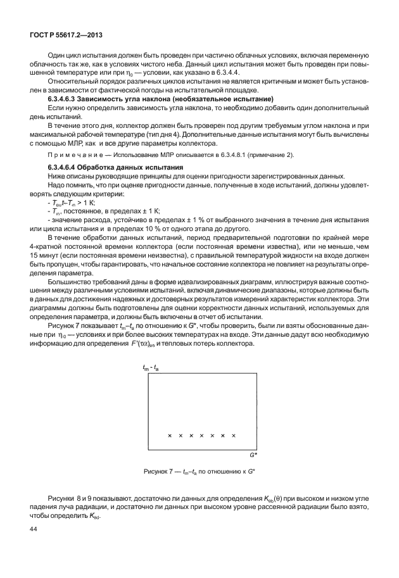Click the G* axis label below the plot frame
(x=251, y=455)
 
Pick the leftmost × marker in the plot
(x=169, y=436)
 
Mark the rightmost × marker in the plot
(x=234, y=436)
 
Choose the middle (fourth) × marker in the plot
(x=201, y=436)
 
